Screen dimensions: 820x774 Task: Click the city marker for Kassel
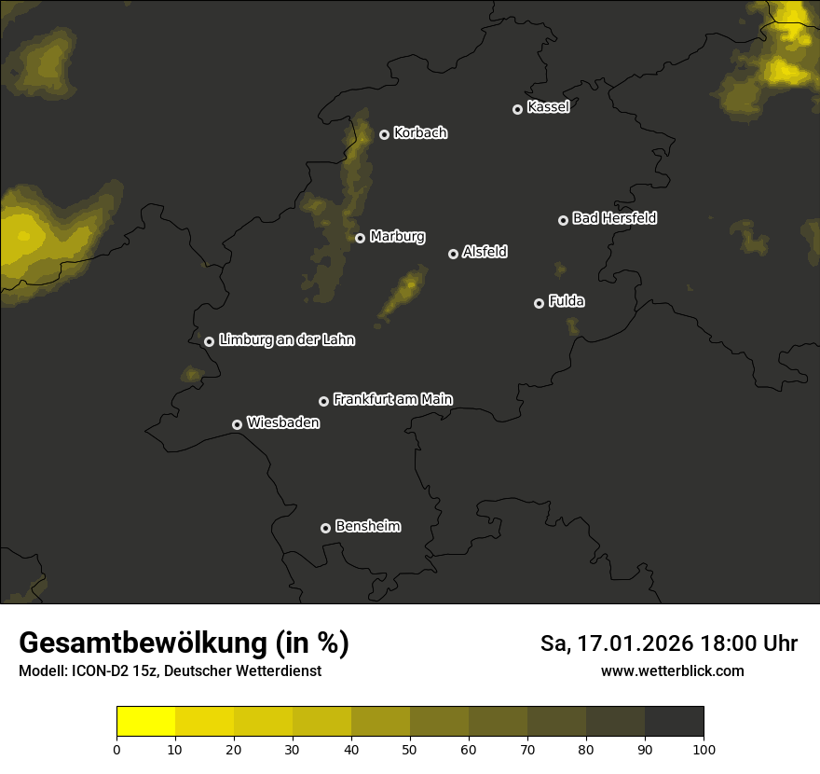pos(517,109)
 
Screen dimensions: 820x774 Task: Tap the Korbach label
pos(420,133)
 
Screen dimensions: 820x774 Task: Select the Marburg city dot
pos(360,238)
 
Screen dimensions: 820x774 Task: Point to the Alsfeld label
pos(485,252)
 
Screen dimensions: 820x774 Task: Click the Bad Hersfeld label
pos(614,218)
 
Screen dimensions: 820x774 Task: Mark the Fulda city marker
pos(539,303)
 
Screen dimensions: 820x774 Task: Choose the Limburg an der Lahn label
pos(286,340)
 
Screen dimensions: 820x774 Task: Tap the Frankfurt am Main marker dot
pos(323,401)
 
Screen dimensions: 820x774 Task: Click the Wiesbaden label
pos(282,422)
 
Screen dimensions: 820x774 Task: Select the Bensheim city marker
pos(325,528)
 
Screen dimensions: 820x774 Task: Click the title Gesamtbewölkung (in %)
pos(184,643)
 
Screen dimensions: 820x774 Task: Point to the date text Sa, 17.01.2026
pos(614,643)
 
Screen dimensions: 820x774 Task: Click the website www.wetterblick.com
pos(672,670)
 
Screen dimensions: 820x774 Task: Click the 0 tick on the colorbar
pos(116,749)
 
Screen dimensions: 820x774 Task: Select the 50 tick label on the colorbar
pos(410,749)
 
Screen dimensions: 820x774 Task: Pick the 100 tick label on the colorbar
pos(704,749)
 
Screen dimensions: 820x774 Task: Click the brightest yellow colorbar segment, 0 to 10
pos(146,722)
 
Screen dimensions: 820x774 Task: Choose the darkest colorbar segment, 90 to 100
pos(674,722)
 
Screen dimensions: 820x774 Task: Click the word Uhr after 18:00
pos(777,643)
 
